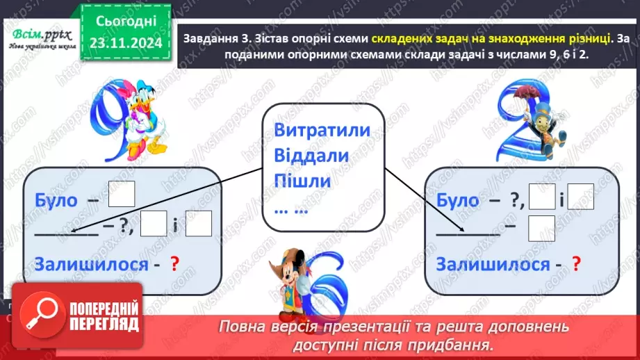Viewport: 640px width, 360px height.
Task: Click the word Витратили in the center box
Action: [x=322, y=131]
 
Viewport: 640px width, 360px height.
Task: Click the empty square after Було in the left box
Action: [x=122, y=193]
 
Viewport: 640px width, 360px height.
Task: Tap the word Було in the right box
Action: [x=458, y=201]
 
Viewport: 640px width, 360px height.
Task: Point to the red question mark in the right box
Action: [x=575, y=264]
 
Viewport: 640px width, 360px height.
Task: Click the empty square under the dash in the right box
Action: [x=542, y=228]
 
